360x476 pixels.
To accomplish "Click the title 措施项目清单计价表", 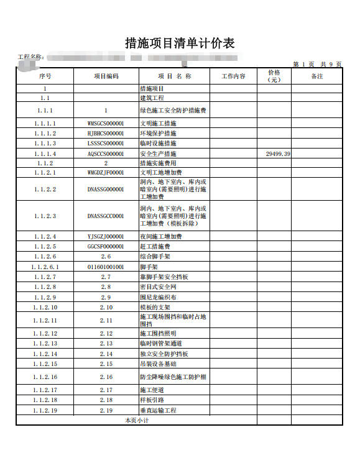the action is (x=180, y=43).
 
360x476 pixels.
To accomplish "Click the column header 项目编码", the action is (x=106, y=76).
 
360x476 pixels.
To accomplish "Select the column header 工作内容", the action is (x=233, y=76).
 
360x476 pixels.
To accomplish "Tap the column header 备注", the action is (x=316, y=76).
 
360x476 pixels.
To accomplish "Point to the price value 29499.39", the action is (x=278, y=153).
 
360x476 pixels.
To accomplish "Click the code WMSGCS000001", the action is (x=106, y=123).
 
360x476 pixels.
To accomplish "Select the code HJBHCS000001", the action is (x=106, y=133).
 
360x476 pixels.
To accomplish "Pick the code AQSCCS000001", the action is (x=106, y=153).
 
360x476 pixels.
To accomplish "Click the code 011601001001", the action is (x=106, y=267).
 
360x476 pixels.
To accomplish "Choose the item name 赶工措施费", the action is (x=155, y=247).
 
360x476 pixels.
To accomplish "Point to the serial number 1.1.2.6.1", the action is (x=45, y=267).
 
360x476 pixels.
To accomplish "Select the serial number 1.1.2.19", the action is (x=45, y=410).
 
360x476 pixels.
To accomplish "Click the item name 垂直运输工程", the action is (x=158, y=410).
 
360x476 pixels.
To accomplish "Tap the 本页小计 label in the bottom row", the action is (x=137, y=421).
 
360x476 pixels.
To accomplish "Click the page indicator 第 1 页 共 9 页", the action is (x=316, y=64).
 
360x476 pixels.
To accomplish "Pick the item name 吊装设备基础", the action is (x=158, y=364).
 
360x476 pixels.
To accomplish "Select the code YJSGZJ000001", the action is (x=106, y=237).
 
